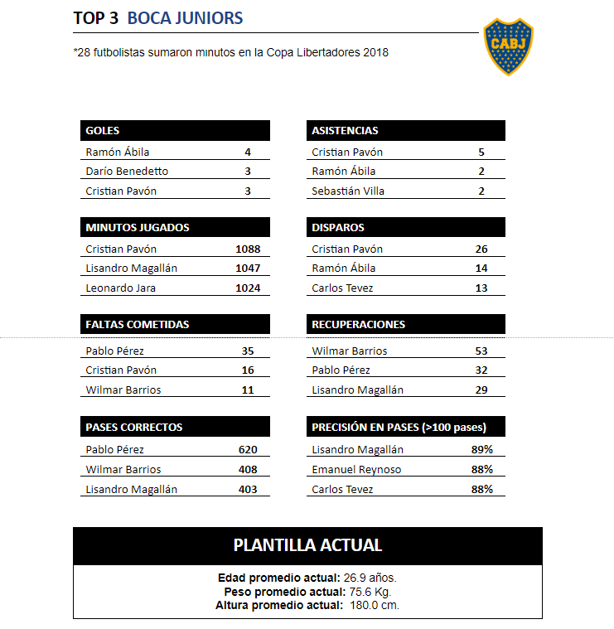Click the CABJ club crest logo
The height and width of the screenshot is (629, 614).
[x=508, y=47]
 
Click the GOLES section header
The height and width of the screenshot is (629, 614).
[x=103, y=130]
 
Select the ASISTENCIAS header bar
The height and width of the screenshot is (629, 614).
[x=345, y=130]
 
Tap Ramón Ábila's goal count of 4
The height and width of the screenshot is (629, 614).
[x=247, y=152]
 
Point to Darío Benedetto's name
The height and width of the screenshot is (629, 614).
[x=127, y=172]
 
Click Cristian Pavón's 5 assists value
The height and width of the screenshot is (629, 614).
[x=481, y=152]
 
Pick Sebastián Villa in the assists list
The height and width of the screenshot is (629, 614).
[x=348, y=191]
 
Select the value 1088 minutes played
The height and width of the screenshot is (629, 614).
[x=247, y=249]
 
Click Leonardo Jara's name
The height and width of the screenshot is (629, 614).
[x=121, y=288]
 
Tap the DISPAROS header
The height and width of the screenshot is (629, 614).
[x=338, y=227]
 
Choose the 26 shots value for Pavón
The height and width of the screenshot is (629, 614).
[x=481, y=249]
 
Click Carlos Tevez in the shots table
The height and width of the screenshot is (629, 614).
[x=342, y=288]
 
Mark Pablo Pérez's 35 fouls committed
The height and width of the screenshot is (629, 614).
[x=247, y=351]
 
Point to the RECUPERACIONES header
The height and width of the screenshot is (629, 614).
[x=359, y=324]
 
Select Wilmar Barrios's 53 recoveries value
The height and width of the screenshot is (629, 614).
[x=481, y=351]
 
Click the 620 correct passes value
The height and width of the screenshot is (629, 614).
[x=247, y=450]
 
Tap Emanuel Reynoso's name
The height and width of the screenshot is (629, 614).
[x=356, y=470]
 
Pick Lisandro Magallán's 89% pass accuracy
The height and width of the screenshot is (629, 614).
[x=481, y=450]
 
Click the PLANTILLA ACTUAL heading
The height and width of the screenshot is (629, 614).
[x=307, y=545]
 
